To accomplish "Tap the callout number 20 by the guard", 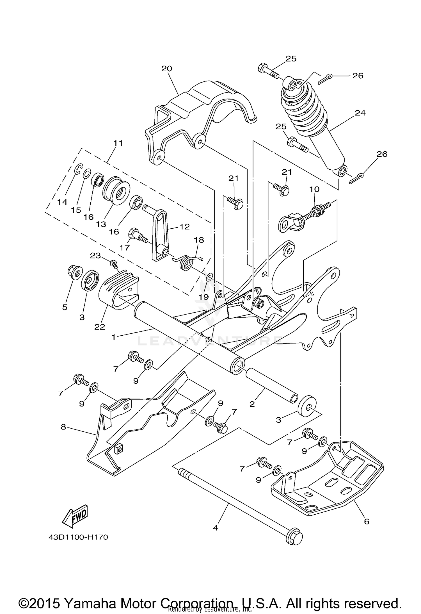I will [167, 69].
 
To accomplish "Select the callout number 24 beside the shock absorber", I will [360, 113].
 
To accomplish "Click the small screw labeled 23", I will [114, 263].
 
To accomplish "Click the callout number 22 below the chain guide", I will [100, 327].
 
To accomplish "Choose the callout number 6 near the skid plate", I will [367, 521].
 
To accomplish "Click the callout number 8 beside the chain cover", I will [63, 427].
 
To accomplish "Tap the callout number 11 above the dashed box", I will [118, 143].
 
